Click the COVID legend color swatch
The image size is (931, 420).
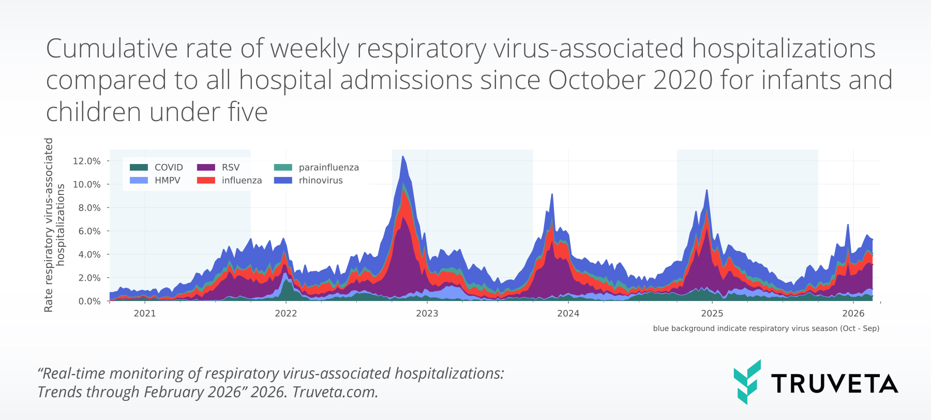tap(139, 167)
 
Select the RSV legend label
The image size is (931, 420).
tap(231, 167)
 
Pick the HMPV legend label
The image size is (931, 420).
tap(167, 181)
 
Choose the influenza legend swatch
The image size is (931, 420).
tap(206, 181)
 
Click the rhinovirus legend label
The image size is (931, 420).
tap(321, 181)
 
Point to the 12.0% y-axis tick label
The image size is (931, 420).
tap(86, 161)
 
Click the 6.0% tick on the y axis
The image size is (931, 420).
tap(89, 231)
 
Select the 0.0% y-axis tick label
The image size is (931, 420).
tap(89, 301)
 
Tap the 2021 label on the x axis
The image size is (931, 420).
tap(145, 313)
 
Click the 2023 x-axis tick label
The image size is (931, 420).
tap(427, 313)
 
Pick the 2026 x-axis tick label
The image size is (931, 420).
tap(853, 313)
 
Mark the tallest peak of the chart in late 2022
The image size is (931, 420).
tap(403, 157)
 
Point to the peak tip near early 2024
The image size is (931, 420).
tap(552, 194)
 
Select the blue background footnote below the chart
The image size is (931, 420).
tap(766, 328)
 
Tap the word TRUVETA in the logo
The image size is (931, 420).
tap(834, 384)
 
